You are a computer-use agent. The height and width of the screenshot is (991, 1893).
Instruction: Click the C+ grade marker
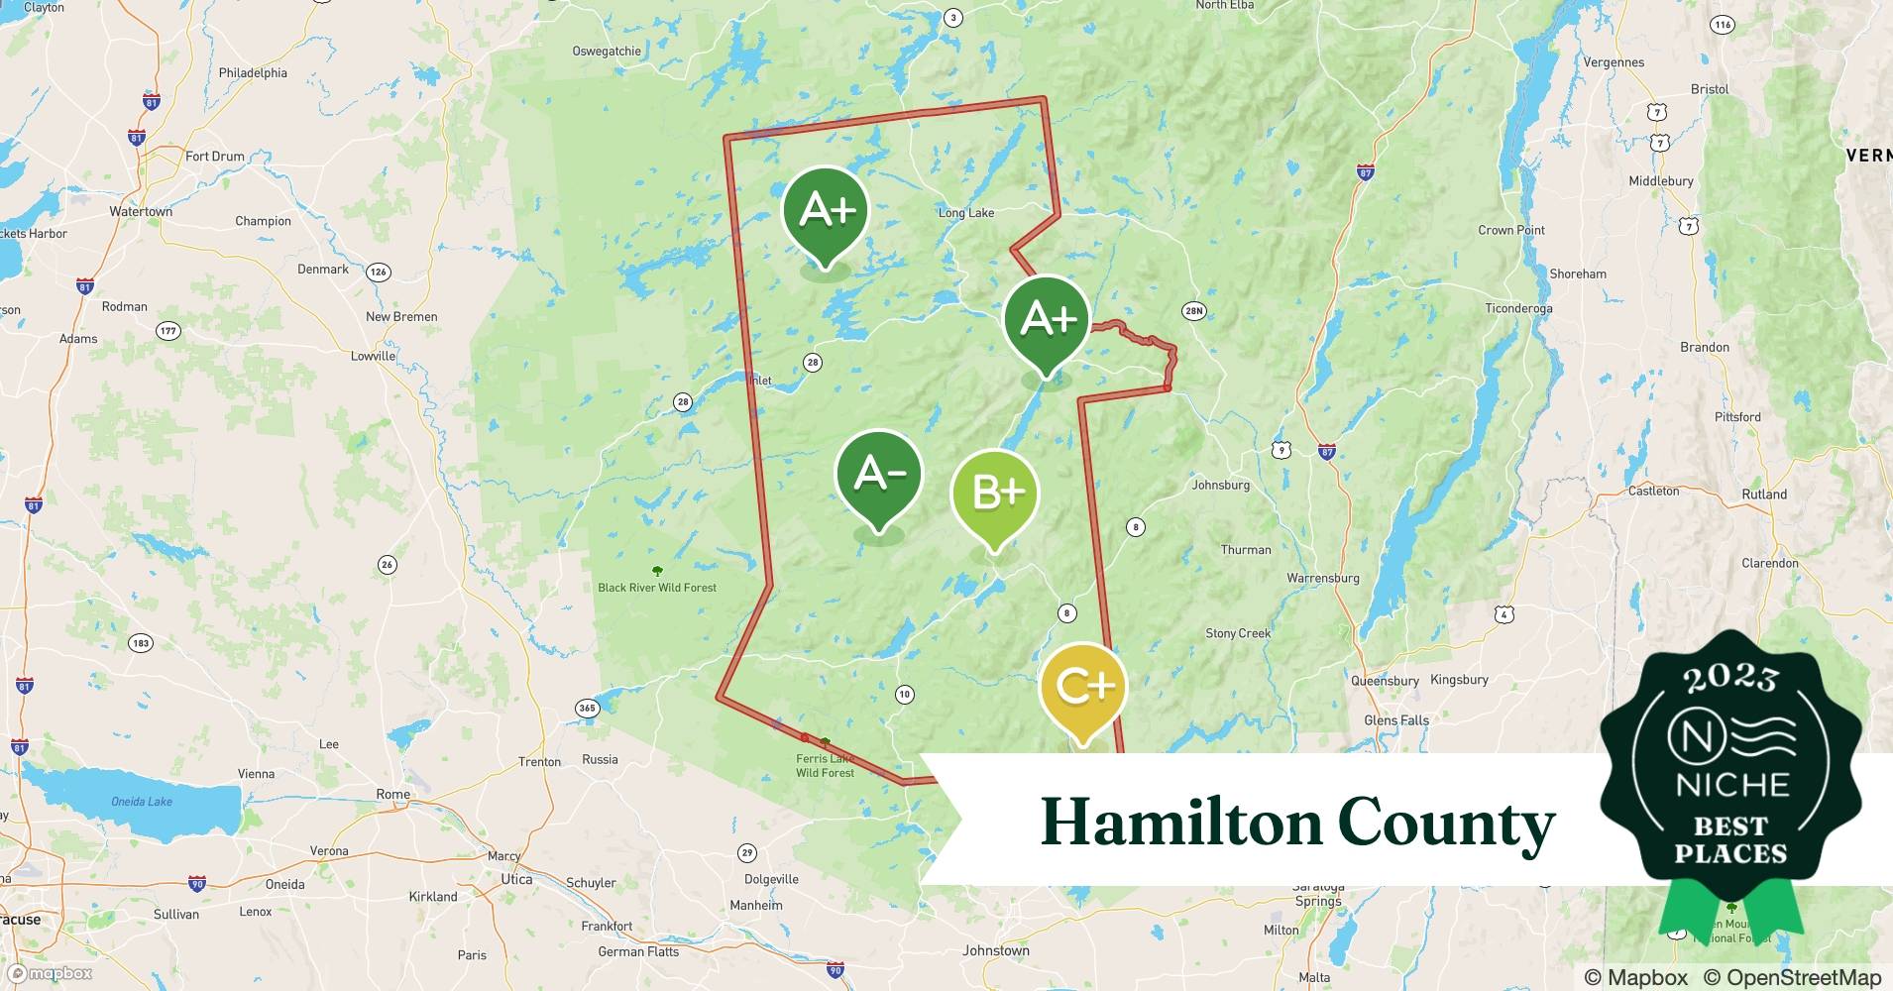tap(1082, 687)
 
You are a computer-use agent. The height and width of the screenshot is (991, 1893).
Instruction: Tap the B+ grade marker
tap(994, 493)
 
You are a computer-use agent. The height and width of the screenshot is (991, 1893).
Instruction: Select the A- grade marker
tap(878, 475)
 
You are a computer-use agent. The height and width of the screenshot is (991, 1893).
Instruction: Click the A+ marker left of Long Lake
tap(826, 210)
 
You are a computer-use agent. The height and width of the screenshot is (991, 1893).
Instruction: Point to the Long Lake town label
tap(965, 213)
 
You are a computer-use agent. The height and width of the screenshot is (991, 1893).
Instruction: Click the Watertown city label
tap(141, 212)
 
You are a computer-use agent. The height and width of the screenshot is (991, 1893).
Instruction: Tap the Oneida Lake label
tap(141, 802)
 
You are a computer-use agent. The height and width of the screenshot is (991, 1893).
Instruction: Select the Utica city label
tap(515, 879)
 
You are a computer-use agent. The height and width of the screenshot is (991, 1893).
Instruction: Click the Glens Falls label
tap(1395, 720)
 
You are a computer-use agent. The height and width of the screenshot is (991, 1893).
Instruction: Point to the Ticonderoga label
tap(1518, 308)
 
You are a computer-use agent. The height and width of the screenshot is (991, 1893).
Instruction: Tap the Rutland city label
tap(1763, 495)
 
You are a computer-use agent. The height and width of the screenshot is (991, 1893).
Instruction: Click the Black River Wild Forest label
tap(656, 588)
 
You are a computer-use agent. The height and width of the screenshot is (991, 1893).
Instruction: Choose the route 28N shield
tap(1193, 311)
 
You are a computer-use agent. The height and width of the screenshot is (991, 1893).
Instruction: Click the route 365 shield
tap(587, 708)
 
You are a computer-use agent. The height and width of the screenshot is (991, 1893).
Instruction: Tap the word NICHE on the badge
tap(1731, 785)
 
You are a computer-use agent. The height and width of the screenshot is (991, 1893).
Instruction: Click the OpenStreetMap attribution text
tap(1792, 977)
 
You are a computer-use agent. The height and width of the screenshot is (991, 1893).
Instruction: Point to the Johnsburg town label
tap(1220, 486)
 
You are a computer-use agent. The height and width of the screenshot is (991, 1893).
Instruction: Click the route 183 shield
tap(141, 643)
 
